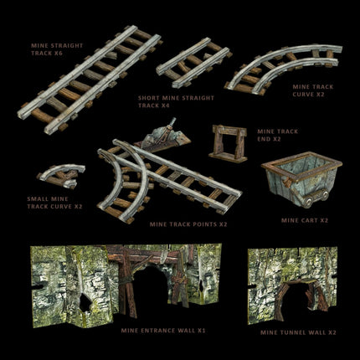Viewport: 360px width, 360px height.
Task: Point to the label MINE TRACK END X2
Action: coord(278,136)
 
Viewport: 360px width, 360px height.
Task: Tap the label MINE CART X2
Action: coord(304,220)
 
